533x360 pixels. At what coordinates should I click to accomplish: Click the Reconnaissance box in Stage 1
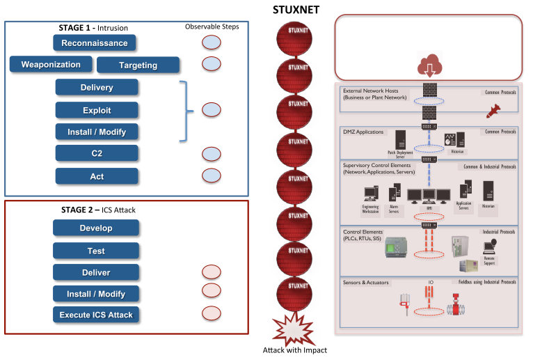(94, 43)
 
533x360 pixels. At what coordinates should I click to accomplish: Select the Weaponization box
(51, 65)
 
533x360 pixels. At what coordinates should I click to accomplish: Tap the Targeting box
(138, 65)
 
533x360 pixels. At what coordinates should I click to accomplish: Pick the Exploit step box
(97, 110)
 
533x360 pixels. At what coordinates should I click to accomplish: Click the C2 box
(97, 154)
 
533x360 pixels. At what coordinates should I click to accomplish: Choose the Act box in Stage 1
(97, 176)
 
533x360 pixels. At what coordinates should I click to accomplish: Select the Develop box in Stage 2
(96, 228)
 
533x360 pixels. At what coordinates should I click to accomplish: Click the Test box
(96, 251)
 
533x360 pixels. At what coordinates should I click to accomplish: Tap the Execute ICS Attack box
(96, 315)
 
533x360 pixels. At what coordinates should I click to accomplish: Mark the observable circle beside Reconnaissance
(212, 43)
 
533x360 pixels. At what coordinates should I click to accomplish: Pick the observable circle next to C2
(212, 154)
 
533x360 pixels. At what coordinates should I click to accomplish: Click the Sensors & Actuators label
(366, 283)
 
